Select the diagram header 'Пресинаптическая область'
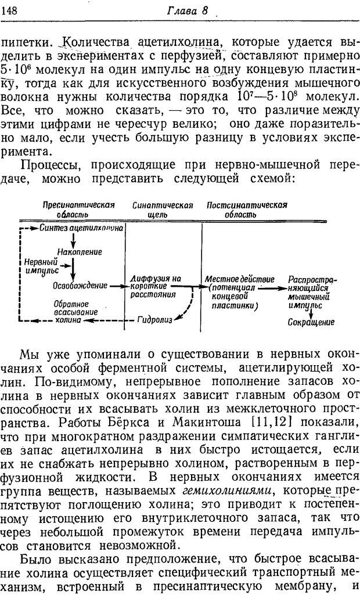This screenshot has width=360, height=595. [78, 210]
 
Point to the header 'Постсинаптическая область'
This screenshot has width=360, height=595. [247, 210]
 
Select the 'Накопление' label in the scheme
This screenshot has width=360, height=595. [80, 252]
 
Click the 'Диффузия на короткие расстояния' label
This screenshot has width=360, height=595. [155, 286]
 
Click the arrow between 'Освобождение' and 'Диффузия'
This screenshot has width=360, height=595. [118, 285]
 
